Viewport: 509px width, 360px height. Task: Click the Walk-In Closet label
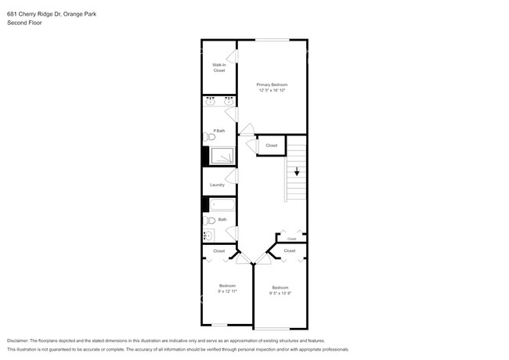pos(219,68)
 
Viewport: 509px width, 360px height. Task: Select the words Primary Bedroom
pos(273,85)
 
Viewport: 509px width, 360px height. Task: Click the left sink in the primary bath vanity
pos(211,102)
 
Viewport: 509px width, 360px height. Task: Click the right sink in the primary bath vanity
pos(229,102)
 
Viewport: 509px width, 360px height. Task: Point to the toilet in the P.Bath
pos(210,137)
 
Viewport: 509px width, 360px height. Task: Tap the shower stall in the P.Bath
pos(224,157)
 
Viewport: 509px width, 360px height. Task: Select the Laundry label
pos(217,185)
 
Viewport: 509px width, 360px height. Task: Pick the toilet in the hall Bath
pos(209,221)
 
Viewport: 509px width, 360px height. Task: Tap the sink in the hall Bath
pos(208,236)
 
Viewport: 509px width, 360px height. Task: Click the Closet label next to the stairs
pos(271,146)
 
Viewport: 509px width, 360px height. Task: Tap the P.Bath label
pos(219,131)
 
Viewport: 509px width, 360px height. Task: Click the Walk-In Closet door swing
pos(231,56)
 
